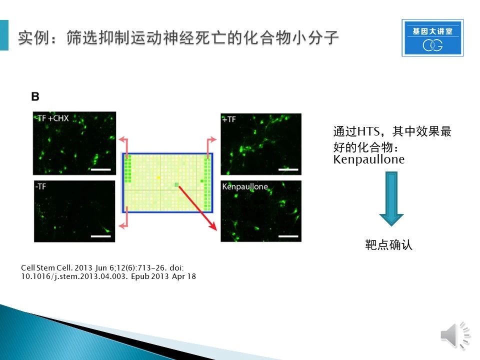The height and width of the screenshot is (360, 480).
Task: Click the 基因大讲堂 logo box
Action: click(432, 37)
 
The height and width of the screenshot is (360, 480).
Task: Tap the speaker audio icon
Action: click(455, 335)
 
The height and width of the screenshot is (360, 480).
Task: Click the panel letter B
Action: click(35, 96)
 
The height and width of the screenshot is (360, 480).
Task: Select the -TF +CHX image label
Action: click(52, 118)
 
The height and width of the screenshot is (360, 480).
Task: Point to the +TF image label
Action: click(229, 119)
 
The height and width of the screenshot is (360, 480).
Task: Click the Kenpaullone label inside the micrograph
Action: click(245, 186)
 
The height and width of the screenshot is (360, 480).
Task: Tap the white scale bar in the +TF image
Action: click(288, 169)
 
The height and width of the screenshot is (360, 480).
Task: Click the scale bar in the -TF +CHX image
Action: click(100, 169)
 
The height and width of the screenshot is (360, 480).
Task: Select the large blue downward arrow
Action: click(391, 198)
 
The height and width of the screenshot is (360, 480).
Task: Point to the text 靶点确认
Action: click(389, 245)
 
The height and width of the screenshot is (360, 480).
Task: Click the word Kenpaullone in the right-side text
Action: click(369, 159)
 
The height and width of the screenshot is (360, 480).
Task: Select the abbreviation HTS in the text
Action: click(368, 131)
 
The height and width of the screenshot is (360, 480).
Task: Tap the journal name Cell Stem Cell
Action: click(46, 267)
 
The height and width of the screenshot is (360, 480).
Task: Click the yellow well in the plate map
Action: click(158, 177)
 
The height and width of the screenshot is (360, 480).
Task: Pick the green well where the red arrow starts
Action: click(176, 184)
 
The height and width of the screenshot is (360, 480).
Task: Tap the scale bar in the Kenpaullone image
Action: click(288, 236)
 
